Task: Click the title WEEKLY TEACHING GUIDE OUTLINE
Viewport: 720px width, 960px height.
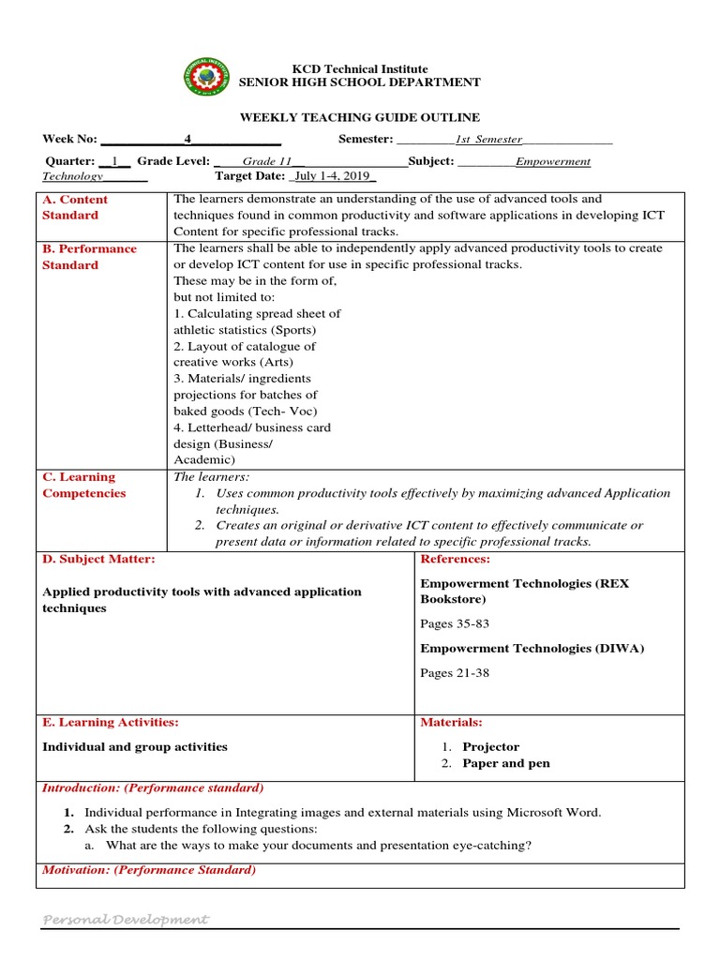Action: (360, 117)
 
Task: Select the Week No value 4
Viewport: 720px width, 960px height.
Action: (187, 139)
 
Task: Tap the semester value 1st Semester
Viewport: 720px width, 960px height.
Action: (488, 140)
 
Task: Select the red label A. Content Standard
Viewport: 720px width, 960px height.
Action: (75, 207)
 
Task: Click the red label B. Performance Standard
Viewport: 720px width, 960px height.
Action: (89, 257)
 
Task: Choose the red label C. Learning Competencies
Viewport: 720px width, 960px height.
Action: (83, 485)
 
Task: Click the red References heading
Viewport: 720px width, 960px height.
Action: (455, 559)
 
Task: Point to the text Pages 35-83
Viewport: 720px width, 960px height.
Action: (455, 623)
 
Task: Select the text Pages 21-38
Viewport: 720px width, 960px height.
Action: (455, 672)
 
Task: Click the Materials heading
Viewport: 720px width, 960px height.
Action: (451, 722)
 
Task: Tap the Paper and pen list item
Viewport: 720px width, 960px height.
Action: (506, 763)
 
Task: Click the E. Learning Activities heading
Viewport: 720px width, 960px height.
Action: (111, 722)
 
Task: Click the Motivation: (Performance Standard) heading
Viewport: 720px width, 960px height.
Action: (149, 870)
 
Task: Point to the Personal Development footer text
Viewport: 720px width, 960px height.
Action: (126, 920)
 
